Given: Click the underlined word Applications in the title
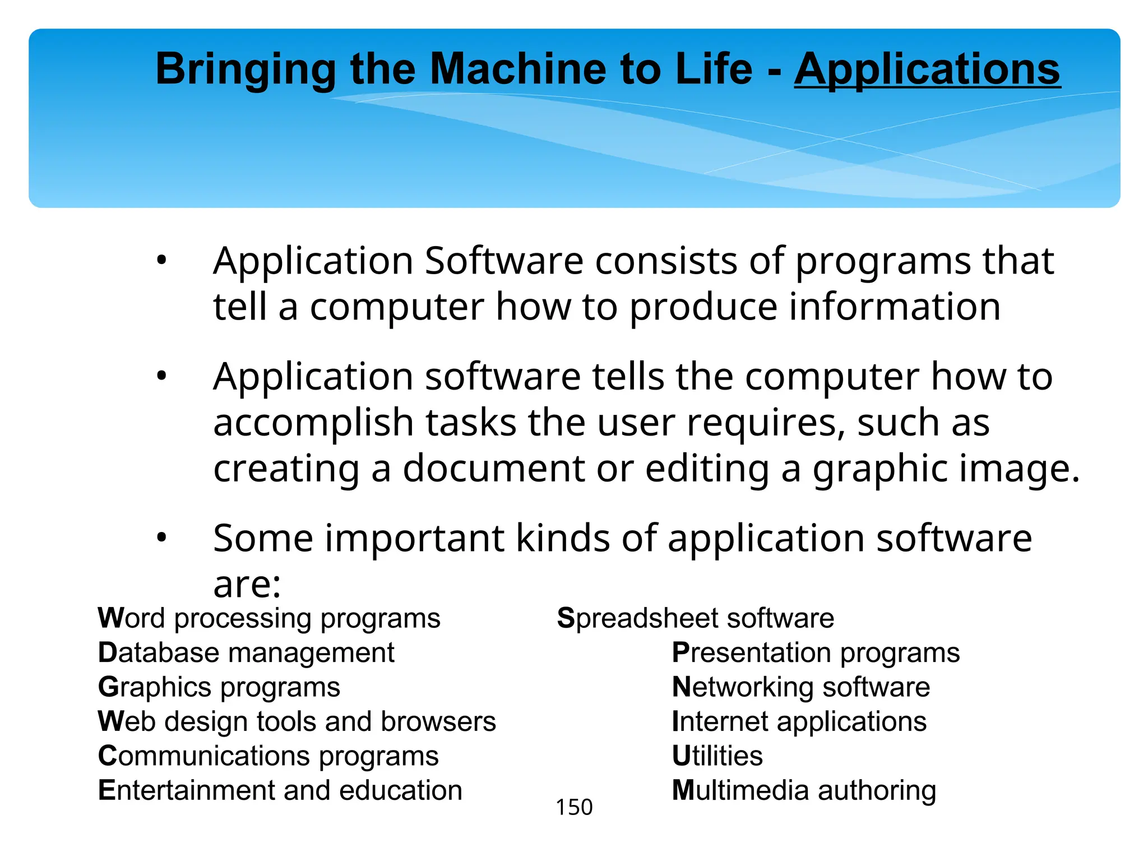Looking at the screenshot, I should pos(927,70).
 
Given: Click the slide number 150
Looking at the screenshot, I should pos(574,807).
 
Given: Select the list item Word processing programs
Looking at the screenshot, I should pos(269,618).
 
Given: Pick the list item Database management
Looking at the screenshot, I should pos(246,653).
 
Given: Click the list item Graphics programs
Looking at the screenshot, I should pos(219,687).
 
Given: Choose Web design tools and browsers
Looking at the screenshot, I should pos(297,721).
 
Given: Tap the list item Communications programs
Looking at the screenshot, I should pos(269,756).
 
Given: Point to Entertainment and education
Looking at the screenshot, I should pos(280,790).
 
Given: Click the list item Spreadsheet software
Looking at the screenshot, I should pos(696,618).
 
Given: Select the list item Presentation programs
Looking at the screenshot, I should pos(816,653).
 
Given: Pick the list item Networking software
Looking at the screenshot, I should pos(801,687).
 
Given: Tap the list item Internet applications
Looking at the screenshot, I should pos(799,721).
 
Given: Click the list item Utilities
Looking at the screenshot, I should pos(717,756).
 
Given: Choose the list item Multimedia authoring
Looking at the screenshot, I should pos(804,790).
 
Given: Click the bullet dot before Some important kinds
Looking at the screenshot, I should pos(161,538).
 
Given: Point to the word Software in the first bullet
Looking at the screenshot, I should pos(504,261).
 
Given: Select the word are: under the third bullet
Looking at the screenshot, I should pos(247,585).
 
